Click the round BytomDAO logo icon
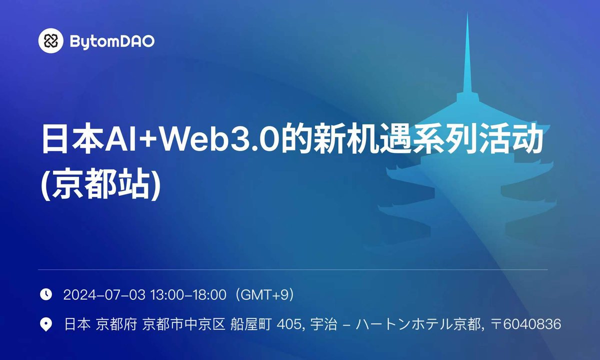[51, 40]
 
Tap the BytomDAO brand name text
[111, 41]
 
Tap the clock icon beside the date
[46, 294]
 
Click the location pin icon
[46, 324]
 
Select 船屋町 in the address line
[251, 324]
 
